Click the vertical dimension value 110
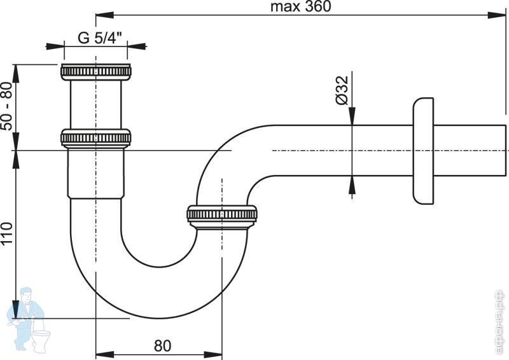[x=7, y=235]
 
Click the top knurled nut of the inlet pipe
[x=96, y=71]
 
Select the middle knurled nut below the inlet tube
[x=96, y=138]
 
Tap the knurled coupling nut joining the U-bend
[x=223, y=216]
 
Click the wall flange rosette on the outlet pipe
[x=422, y=151]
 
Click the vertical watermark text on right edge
[x=501, y=321]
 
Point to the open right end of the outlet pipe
[x=503, y=151]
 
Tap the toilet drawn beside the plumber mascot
[x=42, y=337]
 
